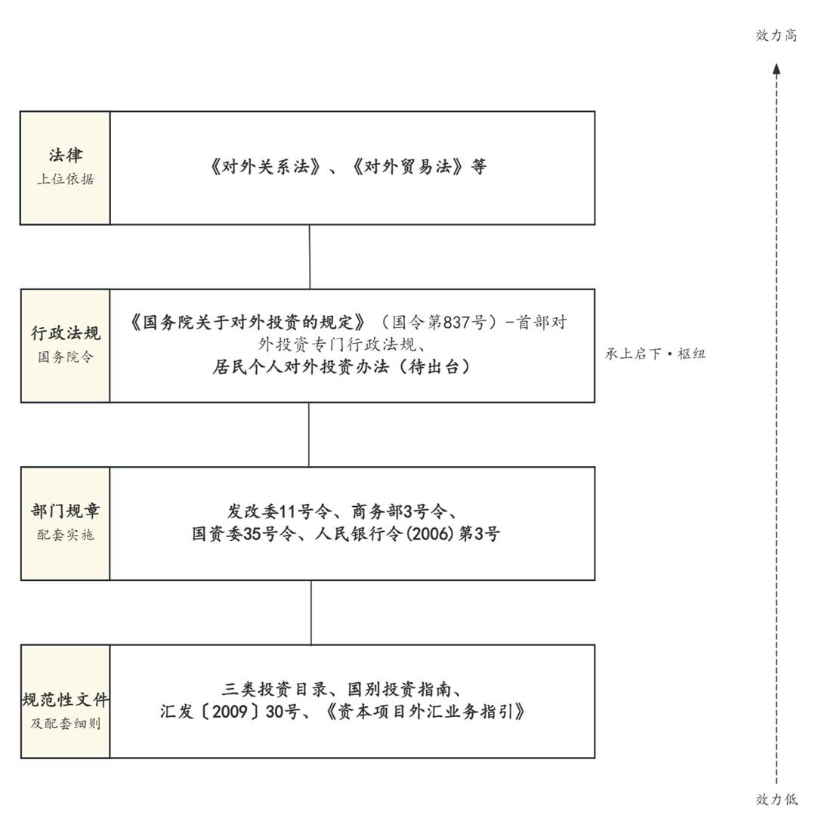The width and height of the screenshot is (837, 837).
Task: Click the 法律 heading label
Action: tap(66, 156)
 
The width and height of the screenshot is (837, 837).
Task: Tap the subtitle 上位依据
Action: tap(66, 179)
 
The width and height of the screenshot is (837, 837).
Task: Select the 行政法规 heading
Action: tap(66, 333)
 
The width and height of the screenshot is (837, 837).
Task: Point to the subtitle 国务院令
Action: tap(66, 357)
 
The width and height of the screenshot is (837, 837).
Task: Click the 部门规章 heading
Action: tap(66, 511)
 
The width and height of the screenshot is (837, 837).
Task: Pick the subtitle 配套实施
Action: tap(66, 534)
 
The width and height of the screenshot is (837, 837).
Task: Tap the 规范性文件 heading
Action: tap(66, 700)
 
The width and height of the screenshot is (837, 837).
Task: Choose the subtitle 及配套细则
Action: tap(66, 723)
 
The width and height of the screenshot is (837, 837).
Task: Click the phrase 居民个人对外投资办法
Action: tap(301, 366)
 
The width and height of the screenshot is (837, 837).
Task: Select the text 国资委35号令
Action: tap(244, 534)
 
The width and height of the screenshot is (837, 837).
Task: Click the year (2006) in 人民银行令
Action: tap(431, 534)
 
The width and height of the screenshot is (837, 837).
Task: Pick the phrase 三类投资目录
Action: tap(275, 689)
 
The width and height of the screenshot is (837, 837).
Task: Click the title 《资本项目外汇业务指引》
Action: tap(425, 712)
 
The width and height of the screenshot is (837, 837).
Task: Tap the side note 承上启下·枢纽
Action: tap(656, 354)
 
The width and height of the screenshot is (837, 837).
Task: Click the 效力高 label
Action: tap(777, 36)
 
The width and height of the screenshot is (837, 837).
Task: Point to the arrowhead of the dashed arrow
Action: tap(777, 69)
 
